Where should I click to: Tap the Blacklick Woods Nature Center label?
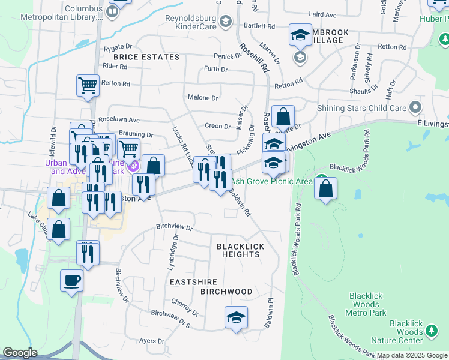(406, 335)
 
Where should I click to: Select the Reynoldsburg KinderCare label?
(194, 22)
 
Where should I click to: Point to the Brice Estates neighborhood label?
(146, 57)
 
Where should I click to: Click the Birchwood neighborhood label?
(226, 292)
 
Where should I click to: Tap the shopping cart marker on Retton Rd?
(88, 85)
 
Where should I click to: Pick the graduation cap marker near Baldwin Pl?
(236, 317)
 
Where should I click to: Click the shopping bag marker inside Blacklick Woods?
(325, 189)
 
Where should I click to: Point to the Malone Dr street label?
(203, 97)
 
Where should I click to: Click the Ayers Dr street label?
(151, 340)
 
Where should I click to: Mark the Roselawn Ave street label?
(122, 119)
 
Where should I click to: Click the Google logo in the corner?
(20, 353)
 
